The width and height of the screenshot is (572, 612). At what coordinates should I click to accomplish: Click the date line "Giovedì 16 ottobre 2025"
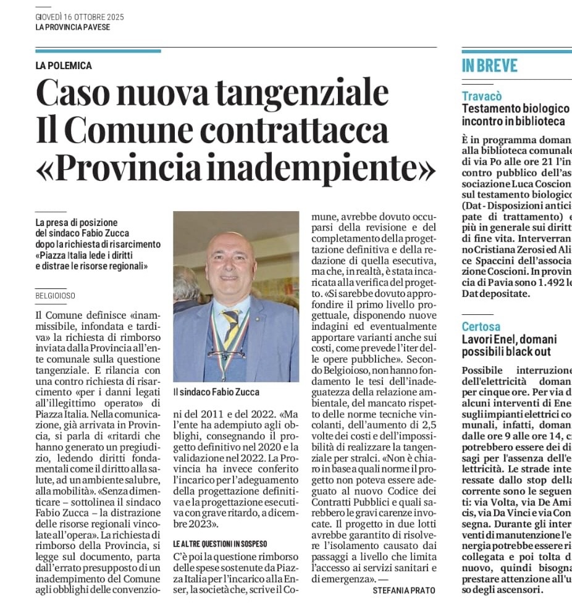(x=80, y=17)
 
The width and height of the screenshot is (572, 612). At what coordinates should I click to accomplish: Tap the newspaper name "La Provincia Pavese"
(x=72, y=27)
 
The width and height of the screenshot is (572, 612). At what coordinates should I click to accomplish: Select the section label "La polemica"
(x=64, y=66)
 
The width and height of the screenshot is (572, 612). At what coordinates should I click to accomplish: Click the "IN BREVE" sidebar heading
(x=490, y=67)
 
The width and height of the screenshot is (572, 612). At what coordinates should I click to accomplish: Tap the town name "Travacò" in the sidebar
(x=482, y=96)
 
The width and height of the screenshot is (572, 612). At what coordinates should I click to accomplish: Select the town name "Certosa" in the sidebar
(x=481, y=326)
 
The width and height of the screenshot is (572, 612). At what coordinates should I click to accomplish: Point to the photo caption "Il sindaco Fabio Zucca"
(x=216, y=392)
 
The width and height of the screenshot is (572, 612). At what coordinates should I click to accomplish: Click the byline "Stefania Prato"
(x=404, y=590)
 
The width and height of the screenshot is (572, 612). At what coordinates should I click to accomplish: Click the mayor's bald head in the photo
(x=230, y=247)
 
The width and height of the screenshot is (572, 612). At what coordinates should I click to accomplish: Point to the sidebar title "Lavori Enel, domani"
(x=509, y=339)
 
